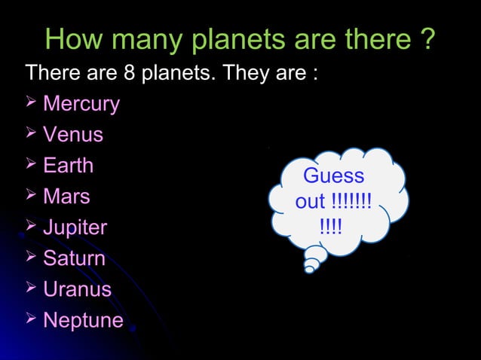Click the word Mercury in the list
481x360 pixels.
tap(81, 104)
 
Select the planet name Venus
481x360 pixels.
tap(73, 135)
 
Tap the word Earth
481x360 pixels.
tap(68, 166)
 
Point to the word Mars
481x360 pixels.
tap(66, 197)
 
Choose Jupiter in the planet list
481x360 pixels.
tap(75, 227)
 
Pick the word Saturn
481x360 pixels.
tap(74, 258)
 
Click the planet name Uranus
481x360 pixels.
tap(77, 289)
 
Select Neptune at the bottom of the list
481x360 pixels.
tap(83, 320)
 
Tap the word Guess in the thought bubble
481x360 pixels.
tap(333, 176)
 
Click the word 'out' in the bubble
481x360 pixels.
tap(310, 202)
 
